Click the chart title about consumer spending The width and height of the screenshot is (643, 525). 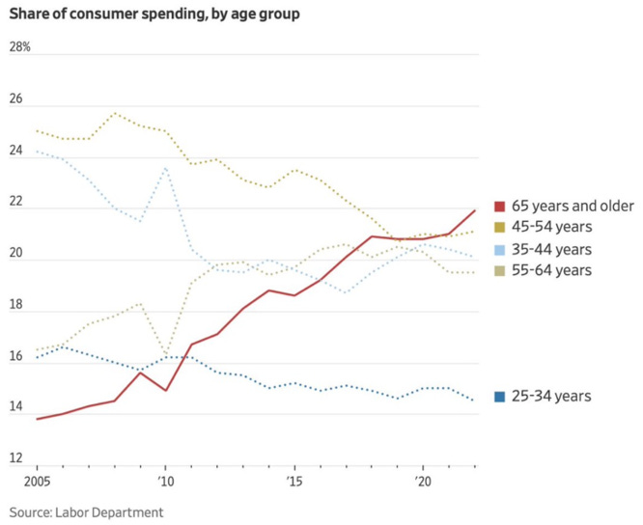(154, 14)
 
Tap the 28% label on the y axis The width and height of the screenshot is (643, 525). (19, 47)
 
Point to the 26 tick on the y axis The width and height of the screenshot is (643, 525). (14, 99)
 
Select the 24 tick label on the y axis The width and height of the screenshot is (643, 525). (14, 152)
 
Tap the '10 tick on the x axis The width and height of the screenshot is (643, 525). (165, 480)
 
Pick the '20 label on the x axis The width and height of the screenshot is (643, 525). (422, 480)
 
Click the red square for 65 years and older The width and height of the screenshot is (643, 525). (499, 207)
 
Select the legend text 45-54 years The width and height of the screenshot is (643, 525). (559, 227)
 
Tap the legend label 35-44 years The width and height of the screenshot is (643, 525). (559, 249)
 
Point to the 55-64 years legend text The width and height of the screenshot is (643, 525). (559, 270)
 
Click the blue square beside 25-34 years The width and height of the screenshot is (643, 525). (499, 396)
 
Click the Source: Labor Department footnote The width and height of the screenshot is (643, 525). (87, 511)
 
